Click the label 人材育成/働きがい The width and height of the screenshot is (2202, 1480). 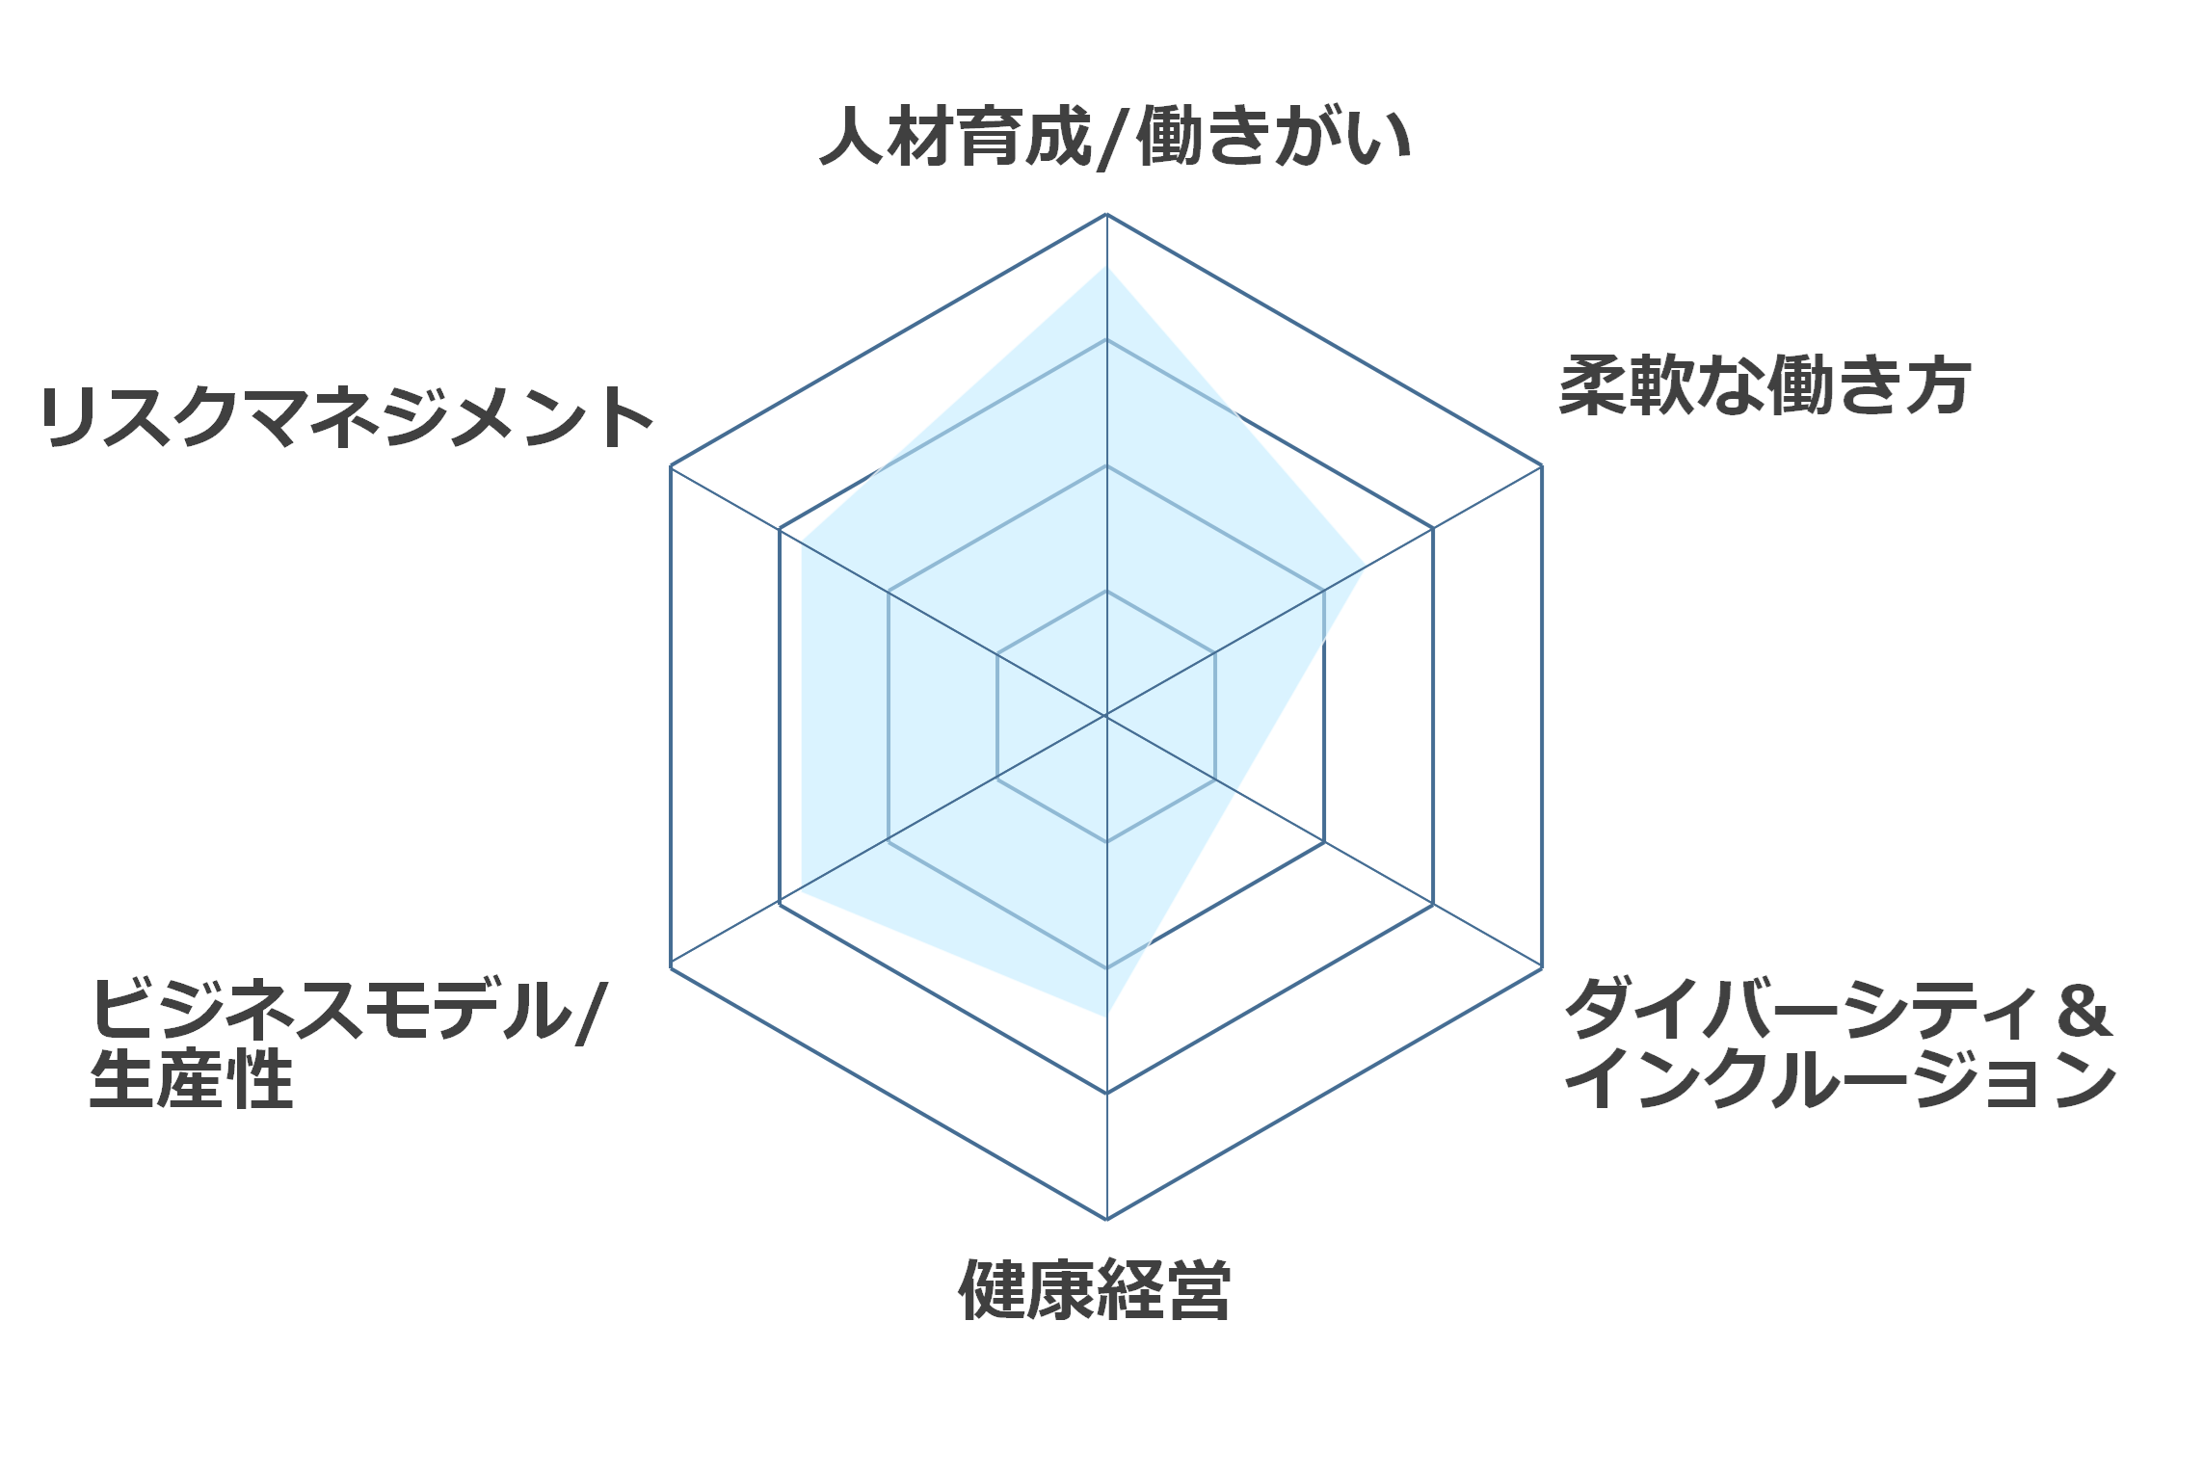click(1115, 137)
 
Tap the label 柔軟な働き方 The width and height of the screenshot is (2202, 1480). click(1764, 385)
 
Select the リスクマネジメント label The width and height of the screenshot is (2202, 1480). click(347, 417)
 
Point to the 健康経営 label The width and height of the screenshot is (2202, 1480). click(1095, 1289)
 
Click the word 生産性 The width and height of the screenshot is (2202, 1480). click(191, 1079)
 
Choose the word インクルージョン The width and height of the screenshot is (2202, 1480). click(1840, 1079)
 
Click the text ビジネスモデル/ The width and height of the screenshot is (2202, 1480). click(348, 1010)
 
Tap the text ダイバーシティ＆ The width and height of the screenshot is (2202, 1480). click(1838, 1009)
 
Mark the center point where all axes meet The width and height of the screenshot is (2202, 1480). click(1106, 716)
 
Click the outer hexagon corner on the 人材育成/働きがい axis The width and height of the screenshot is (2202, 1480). click(1106, 214)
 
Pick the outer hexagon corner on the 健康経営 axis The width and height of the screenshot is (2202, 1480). click(1106, 1219)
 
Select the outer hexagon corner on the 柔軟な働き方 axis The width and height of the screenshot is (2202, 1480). click(1542, 465)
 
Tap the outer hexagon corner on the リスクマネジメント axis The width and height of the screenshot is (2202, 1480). click(671, 465)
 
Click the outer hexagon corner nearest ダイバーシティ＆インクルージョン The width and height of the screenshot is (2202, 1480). click(1542, 967)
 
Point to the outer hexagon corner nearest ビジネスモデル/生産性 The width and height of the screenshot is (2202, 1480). click(671, 967)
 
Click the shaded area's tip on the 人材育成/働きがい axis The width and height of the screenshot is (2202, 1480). click(1106, 266)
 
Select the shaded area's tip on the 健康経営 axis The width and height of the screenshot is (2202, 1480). click(1106, 1016)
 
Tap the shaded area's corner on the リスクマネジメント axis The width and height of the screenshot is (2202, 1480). click(802, 541)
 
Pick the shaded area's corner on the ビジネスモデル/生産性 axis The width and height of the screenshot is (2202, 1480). click(802, 892)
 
